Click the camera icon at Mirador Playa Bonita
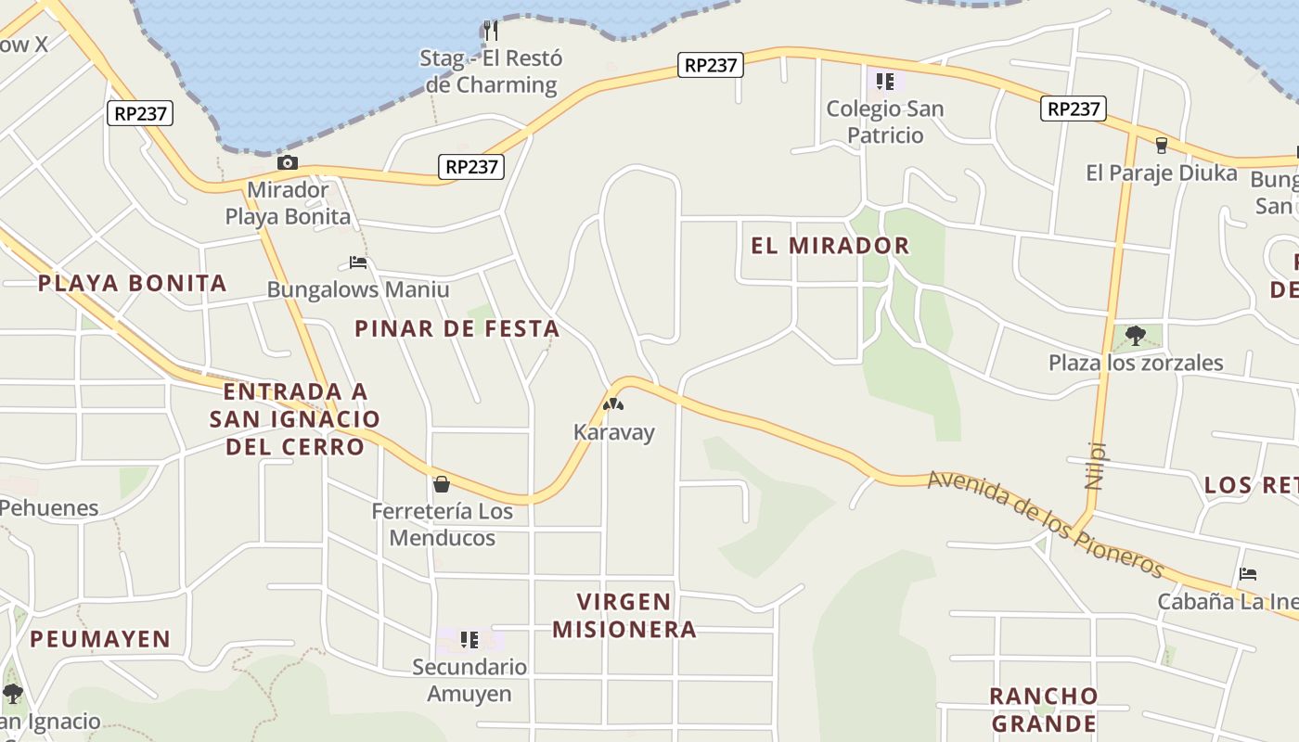point(288,163)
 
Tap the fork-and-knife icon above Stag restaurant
point(491,31)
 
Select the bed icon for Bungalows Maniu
point(358,262)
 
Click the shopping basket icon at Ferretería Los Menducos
point(442,484)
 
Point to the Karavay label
point(613,432)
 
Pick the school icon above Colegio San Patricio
point(885,82)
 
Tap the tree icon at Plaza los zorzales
point(1135,335)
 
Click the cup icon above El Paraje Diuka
point(1161,146)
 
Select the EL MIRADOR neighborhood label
point(830,246)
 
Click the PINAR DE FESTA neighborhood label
point(457,328)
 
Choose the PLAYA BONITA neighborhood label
point(132,284)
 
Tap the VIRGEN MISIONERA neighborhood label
point(624,615)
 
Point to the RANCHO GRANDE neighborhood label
point(1043,710)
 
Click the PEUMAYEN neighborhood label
point(100,639)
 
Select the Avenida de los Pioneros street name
point(1045,523)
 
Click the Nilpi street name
point(1096,465)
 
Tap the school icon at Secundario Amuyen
point(469,640)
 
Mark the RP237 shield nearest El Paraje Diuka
point(1074,109)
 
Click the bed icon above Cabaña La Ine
point(1248,574)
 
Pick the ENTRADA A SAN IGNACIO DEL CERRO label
point(294,419)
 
